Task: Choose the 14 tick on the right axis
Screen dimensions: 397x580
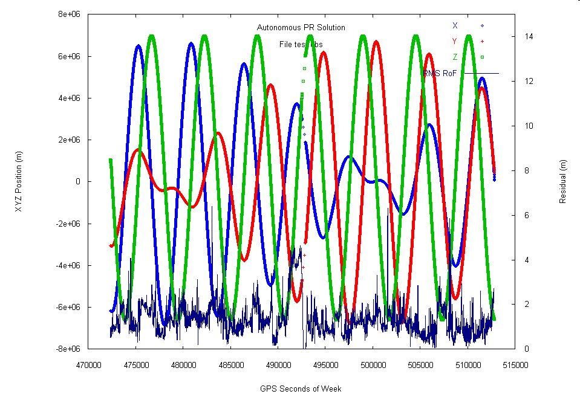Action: (528, 36)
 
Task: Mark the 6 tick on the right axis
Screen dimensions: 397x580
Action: (526, 215)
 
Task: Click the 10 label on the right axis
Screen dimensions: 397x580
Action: (528, 126)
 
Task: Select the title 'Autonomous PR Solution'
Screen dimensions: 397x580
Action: (301, 28)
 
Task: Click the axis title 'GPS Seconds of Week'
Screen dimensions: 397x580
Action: (301, 389)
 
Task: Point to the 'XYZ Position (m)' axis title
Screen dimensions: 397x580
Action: (19, 181)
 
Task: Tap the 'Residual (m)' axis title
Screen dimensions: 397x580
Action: (563, 181)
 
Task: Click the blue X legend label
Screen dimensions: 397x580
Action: (455, 25)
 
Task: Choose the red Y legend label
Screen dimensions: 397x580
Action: (455, 41)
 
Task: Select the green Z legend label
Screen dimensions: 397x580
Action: (455, 57)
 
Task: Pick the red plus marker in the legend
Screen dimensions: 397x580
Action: (482, 41)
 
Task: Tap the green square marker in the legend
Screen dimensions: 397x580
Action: (482, 57)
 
